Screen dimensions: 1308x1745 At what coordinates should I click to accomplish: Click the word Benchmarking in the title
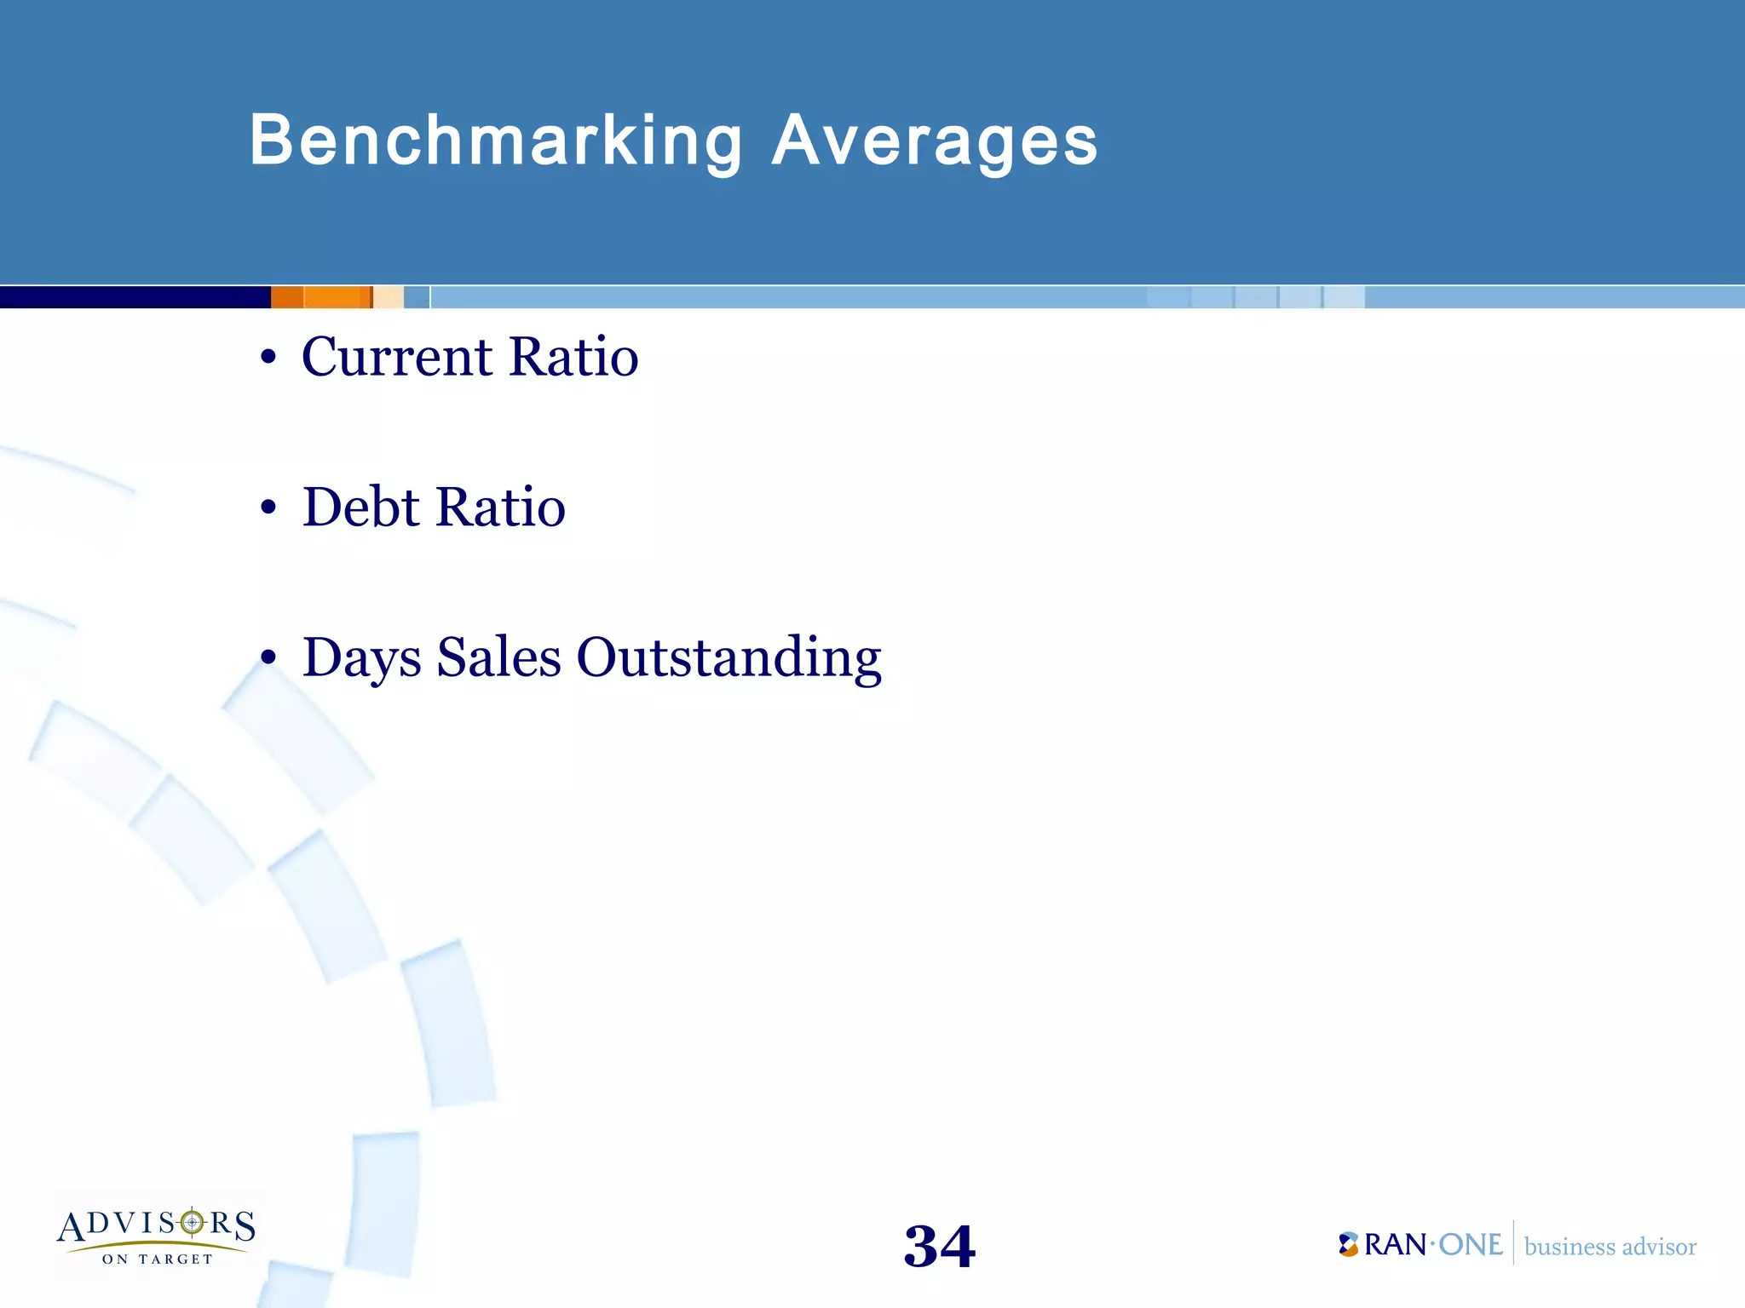496,141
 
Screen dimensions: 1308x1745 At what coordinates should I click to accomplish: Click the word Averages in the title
935,141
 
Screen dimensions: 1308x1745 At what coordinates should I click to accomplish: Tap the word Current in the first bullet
397,357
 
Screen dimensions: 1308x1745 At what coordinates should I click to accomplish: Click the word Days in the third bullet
362,658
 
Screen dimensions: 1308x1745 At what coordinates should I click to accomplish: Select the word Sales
498,658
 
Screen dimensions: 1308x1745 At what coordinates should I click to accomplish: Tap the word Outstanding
729,658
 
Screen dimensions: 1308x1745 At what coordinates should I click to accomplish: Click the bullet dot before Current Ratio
268,359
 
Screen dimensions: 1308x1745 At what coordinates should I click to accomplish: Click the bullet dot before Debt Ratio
268,508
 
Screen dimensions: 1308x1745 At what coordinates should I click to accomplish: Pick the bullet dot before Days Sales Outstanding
268,658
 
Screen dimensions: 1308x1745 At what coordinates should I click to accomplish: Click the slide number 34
939,1247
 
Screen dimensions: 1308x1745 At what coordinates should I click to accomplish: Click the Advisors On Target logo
157,1235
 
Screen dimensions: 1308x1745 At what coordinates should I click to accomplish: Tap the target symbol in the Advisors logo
193,1224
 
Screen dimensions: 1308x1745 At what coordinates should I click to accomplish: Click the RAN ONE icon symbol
1348,1244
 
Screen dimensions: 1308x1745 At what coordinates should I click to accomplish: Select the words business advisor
1610,1247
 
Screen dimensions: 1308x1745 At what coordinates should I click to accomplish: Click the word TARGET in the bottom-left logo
176,1259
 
